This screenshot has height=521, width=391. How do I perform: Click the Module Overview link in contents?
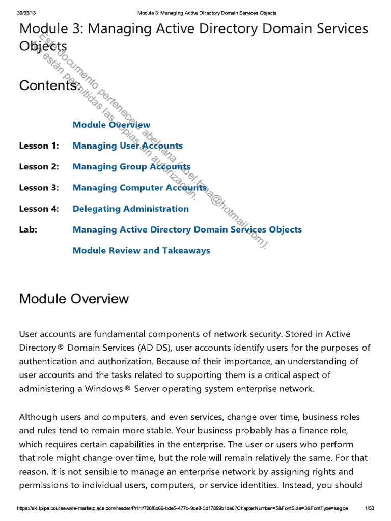pyautogui.click(x=111, y=125)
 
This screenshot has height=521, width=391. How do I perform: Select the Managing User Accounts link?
pyautogui.click(x=127, y=146)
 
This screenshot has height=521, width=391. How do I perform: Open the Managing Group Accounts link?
pyautogui.click(x=131, y=167)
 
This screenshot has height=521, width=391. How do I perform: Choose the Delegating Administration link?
pyautogui.click(x=130, y=209)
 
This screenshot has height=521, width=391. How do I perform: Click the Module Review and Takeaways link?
pyautogui.click(x=141, y=250)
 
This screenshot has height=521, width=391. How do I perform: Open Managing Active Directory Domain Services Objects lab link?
pyautogui.click(x=187, y=229)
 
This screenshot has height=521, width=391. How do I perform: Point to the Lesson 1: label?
pyautogui.click(x=39, y=146)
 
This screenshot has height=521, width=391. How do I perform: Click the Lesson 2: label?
pyautogui.click(x=39, y=167)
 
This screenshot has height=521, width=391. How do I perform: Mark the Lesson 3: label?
pyautogui.click(x=39, y=188)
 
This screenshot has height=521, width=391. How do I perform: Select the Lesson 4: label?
pyautogui.click(x=39, y=209)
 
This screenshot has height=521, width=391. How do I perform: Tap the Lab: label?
pyautogui.click(x=28, y=229)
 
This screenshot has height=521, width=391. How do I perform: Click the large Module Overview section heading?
pyautogui.click(x=74, y=299)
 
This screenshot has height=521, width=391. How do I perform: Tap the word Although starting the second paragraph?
pyautogui.click(x=39, y=417)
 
